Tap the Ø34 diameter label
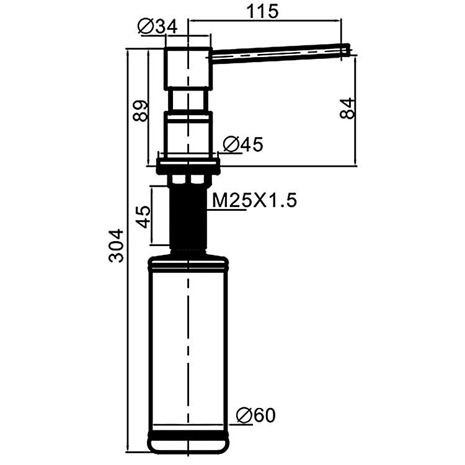pos(158,27)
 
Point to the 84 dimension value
pos(348,108)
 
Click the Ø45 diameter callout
pos(242,144)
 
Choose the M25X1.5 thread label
pos(255,200)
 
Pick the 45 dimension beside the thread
pos(143,218)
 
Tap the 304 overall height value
pos(117,246)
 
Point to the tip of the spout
pos(348,50)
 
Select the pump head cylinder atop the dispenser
pos(188,65)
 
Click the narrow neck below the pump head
pos(188,99)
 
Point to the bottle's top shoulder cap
pos(188,260)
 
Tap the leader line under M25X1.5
pos(226,211)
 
